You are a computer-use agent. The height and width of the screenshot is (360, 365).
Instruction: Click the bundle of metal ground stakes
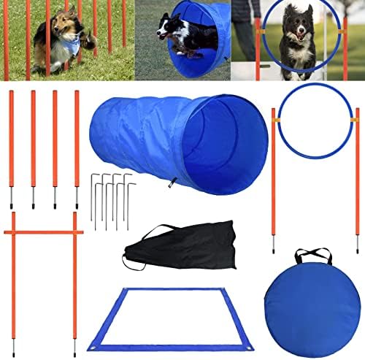(112, 197)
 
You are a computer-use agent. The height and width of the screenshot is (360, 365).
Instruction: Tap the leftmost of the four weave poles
(11, 146)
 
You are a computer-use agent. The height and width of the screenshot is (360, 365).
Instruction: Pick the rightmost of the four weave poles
(77, 146)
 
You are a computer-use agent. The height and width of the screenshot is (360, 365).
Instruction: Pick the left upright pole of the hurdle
(13, 277)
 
